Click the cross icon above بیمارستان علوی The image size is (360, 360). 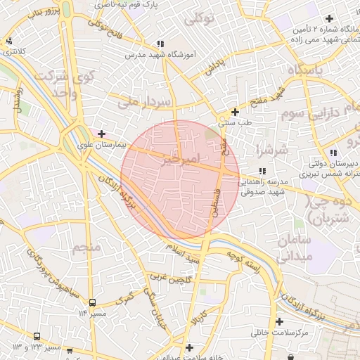point(102,134)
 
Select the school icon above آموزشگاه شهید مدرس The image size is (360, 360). point(161,44)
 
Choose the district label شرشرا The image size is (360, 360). point(269,149)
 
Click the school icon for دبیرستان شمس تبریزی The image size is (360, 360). point(333,153)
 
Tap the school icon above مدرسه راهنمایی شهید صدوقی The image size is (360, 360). point(262,171)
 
